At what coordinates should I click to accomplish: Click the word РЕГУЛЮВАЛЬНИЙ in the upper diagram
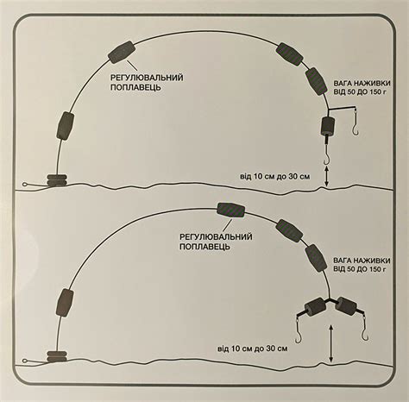147,78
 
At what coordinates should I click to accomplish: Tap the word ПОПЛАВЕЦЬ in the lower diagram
204,247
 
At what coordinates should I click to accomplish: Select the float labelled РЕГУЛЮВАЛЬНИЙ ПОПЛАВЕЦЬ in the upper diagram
122,52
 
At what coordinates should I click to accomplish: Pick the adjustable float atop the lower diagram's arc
230,210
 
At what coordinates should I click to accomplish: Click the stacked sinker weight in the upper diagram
57,180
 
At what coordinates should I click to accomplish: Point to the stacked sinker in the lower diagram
57,356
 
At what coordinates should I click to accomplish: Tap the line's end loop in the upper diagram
25,185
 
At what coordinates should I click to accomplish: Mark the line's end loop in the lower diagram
25,361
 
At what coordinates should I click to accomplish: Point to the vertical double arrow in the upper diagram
326,176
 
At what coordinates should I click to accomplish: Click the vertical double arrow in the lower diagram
331,343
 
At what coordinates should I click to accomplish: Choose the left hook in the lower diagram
299,330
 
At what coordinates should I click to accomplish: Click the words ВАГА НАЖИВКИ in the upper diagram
362,84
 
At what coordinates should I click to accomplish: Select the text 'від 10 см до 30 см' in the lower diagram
252,349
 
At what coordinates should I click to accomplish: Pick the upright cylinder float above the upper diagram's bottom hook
327,126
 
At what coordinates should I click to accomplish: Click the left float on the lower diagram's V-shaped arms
316,307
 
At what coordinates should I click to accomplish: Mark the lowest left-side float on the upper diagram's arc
66,126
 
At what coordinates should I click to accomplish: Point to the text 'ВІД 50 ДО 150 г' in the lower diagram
359,269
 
